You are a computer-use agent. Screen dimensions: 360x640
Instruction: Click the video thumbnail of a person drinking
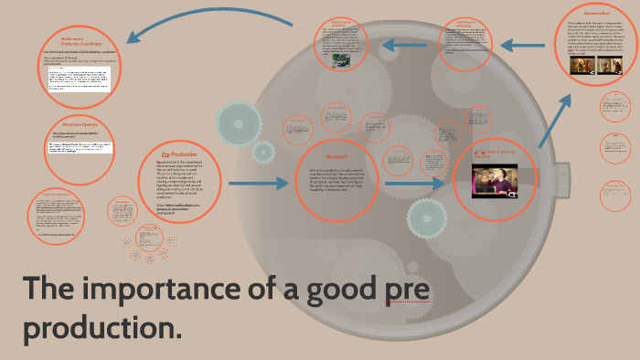click(x=495, y=181)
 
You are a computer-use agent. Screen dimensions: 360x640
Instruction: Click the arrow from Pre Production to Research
click(x=258, y=185)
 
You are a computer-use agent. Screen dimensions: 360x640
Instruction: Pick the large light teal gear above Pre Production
click(x=240, y=119)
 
